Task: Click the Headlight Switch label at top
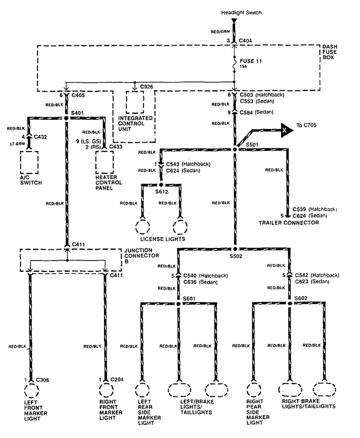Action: click(242, 13)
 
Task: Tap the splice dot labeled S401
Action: click(66, 118)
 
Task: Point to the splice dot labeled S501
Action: click(235, 149)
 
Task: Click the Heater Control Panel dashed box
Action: click(104, 162)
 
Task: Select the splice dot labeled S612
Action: click(161, 185)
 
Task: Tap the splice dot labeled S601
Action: click(178, 304)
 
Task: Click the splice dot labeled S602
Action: click(290, 304)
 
